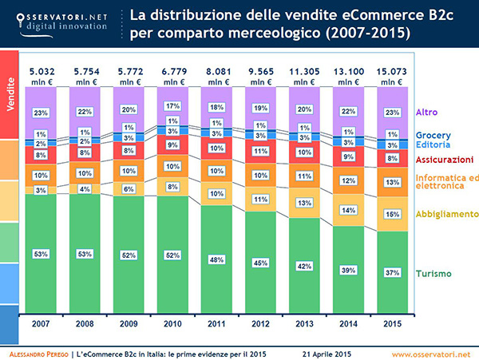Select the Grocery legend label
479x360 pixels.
(x=434, y=136)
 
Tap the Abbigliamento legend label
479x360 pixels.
(x=447, y=214)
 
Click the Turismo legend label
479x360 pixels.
(x=433, y=274)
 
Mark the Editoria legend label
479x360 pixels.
(x=433, y=144)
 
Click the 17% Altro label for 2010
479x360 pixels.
(x=172, y=106)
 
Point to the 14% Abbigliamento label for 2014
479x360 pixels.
(x=347, y=210)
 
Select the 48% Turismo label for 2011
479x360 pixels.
(x=216, y=259)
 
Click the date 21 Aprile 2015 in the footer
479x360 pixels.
(x=327, y=353)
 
